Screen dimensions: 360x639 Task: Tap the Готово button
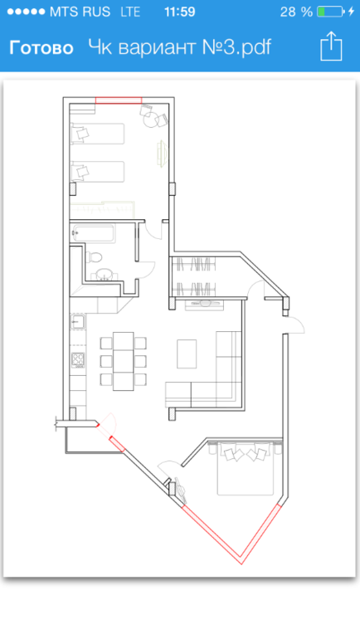click(41, 48)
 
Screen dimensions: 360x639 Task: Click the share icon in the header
click(331, 46)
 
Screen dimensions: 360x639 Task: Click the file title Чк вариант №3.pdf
click(180, 47)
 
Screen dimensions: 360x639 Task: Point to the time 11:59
click(180, 12)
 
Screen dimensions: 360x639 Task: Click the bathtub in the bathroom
click(93, 233)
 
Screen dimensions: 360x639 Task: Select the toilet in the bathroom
click(94, 257)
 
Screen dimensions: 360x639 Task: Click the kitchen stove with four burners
click(78, 359)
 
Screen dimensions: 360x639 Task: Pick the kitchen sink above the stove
click(77, 321)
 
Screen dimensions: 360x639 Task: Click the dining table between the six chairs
click(124, 361)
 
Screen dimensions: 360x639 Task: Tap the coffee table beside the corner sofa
click(187, 354)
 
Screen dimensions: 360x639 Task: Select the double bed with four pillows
click(246, 469)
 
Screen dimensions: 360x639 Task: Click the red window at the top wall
click(119, 100)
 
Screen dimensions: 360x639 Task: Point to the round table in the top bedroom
click(151, 120)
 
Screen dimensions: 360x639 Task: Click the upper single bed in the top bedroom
click(97, 134)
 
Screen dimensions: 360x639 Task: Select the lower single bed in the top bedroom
click(97, 172)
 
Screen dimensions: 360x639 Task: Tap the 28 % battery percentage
click(296, 12)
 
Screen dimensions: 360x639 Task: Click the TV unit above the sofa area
click(205, 304)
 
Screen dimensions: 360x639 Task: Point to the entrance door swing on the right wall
click(294, 325)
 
